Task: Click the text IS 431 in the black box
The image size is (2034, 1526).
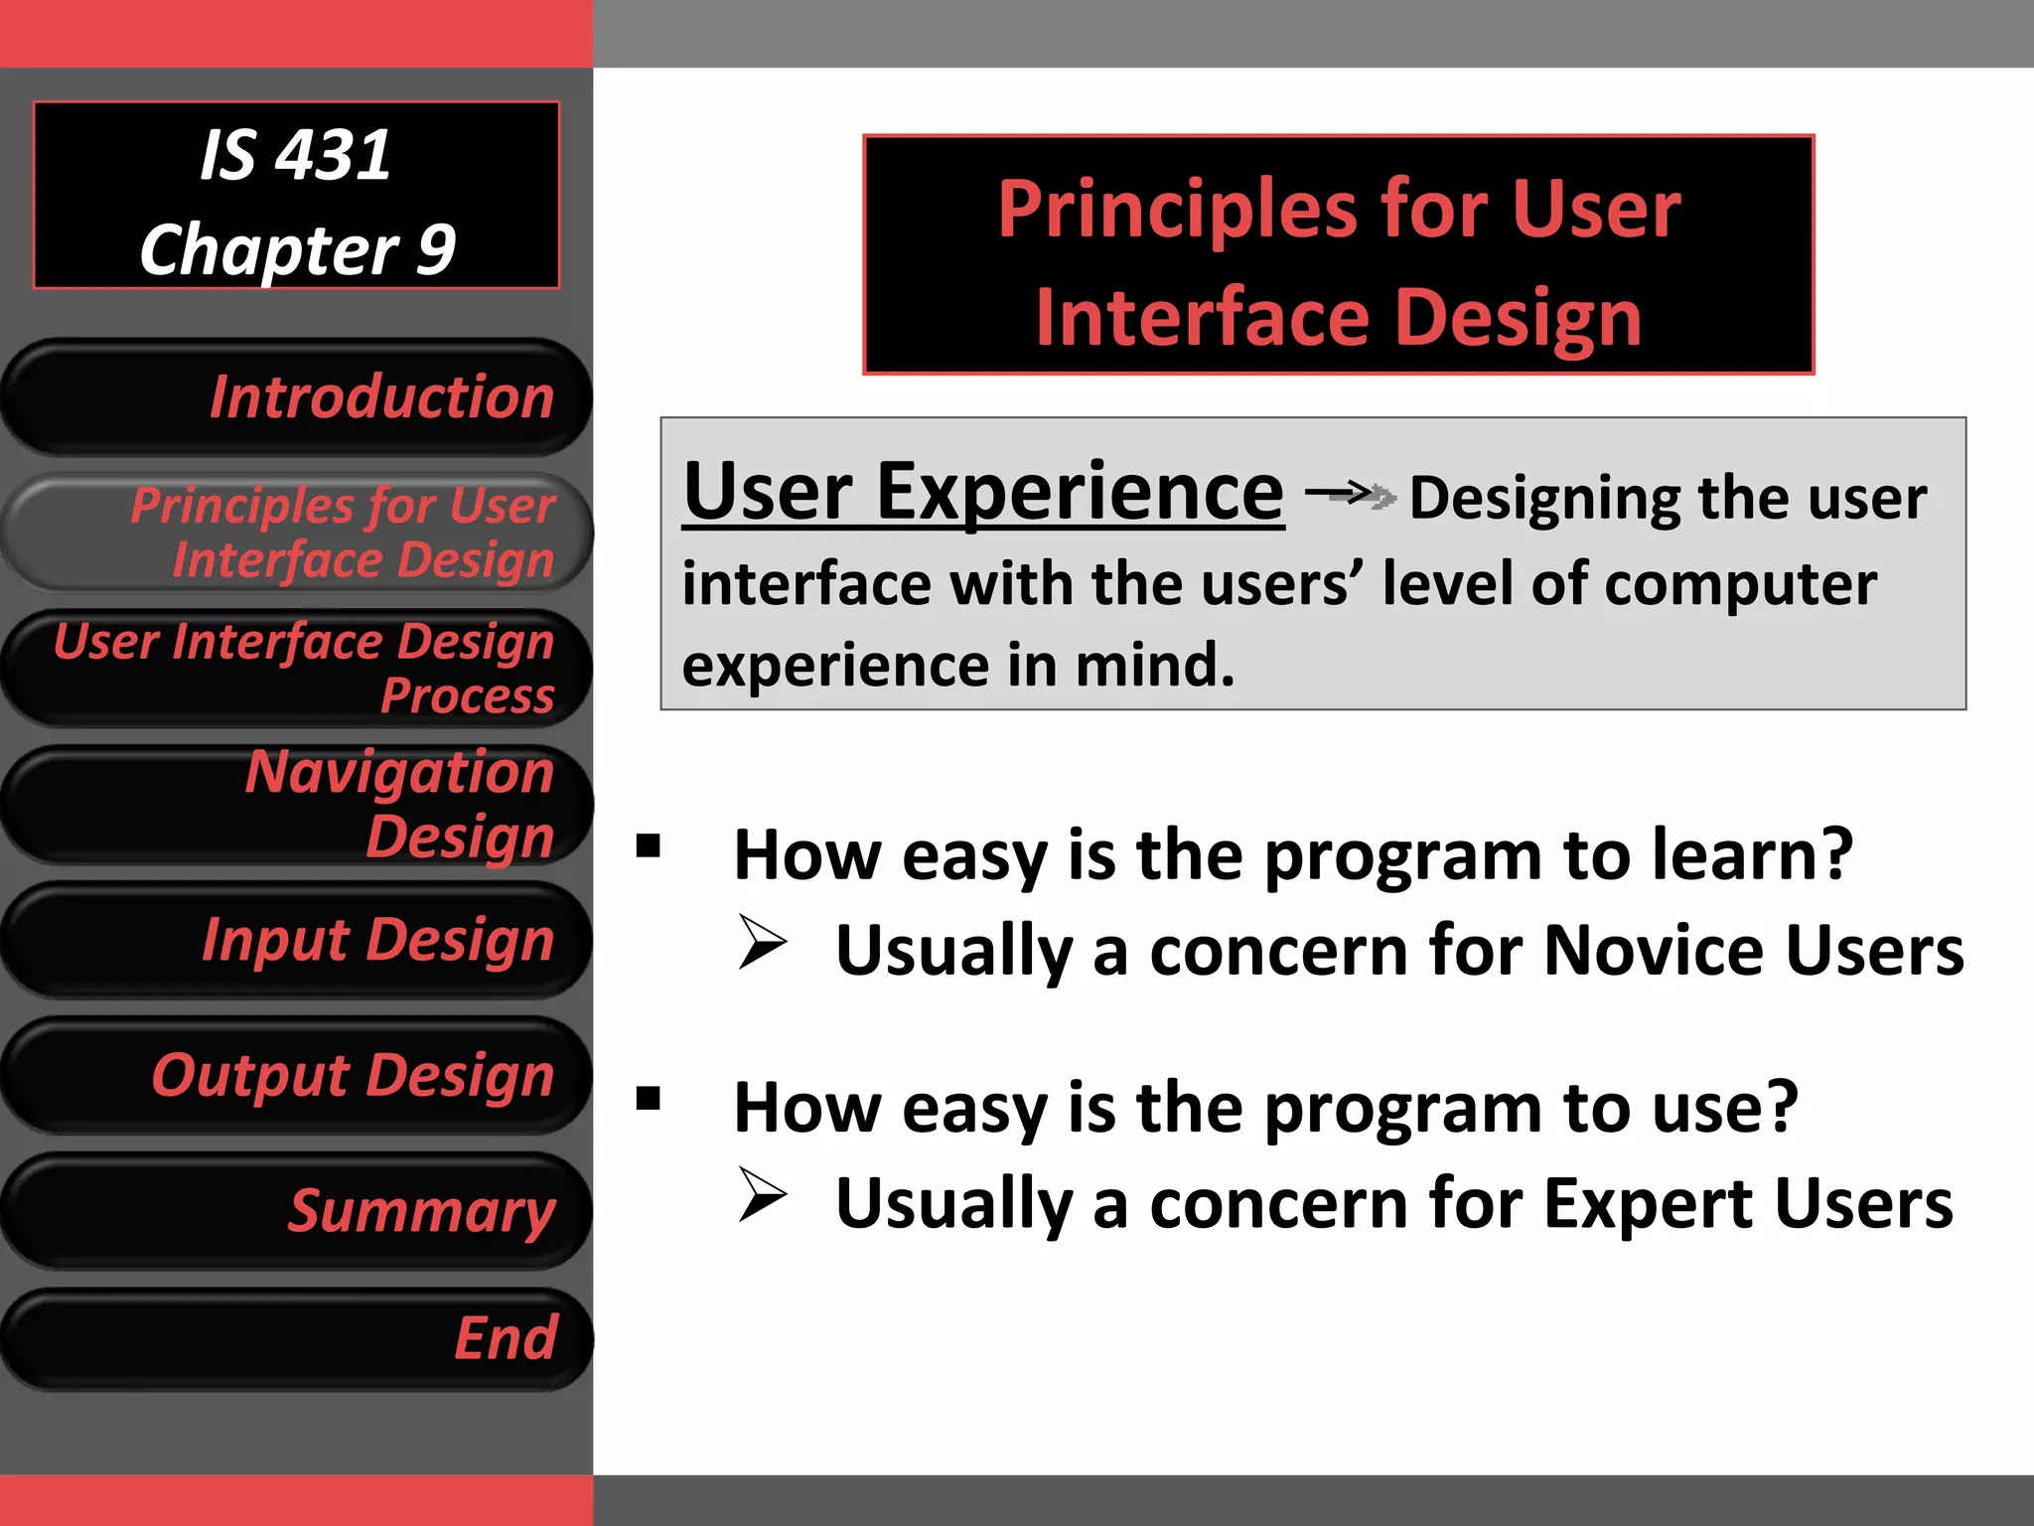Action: pos(295,156)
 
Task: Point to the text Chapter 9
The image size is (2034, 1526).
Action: pos(297,249)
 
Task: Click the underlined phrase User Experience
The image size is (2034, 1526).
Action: pos(983,492)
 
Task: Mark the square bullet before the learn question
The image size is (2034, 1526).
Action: pos(649,846)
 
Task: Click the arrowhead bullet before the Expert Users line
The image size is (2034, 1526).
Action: pos(763,1195)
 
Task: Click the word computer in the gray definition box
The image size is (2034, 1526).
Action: pos(1740,583)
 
